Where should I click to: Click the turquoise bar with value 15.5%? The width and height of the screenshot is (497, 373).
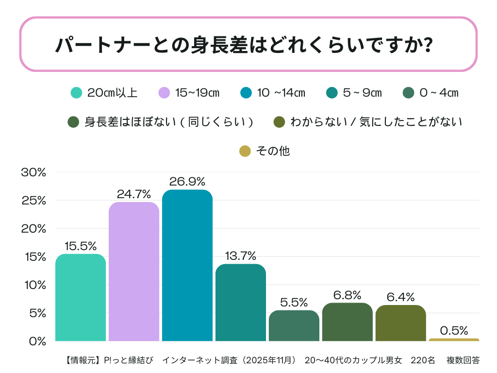pyautogui.click(x=81, y=297)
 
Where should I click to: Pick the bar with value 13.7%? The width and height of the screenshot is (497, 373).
pyautogui.click(x=240, y=302)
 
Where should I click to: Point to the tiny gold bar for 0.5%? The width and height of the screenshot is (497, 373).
pyautogui.click(x=454, y=339)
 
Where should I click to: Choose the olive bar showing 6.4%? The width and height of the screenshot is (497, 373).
pyautogui.click(x=400, y=323)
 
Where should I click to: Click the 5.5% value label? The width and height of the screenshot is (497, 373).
pyautogui.click(x=294, y=302)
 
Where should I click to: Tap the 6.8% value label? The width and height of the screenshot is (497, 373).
pyautogui.click(x=347, y=295)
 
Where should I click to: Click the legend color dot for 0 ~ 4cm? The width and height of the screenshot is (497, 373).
pyautogui.click(x=409, y=93)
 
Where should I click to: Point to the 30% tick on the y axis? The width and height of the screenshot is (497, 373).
pyautogui.click(x=33, y=172)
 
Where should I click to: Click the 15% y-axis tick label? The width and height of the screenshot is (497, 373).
pyautogui.click(x=33, y=257)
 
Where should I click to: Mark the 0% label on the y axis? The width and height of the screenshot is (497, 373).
pyautogui.click(x=37, y=341)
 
